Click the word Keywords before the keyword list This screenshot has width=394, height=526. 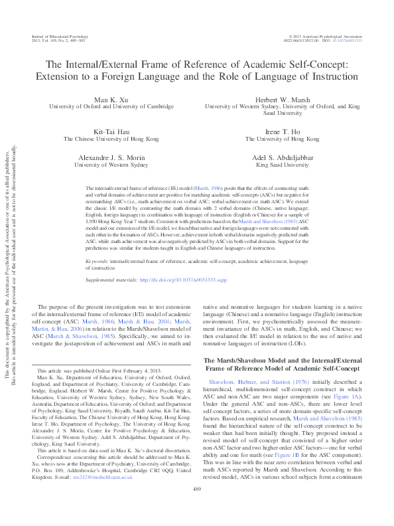pyautogui.click(x=98, y=262)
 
